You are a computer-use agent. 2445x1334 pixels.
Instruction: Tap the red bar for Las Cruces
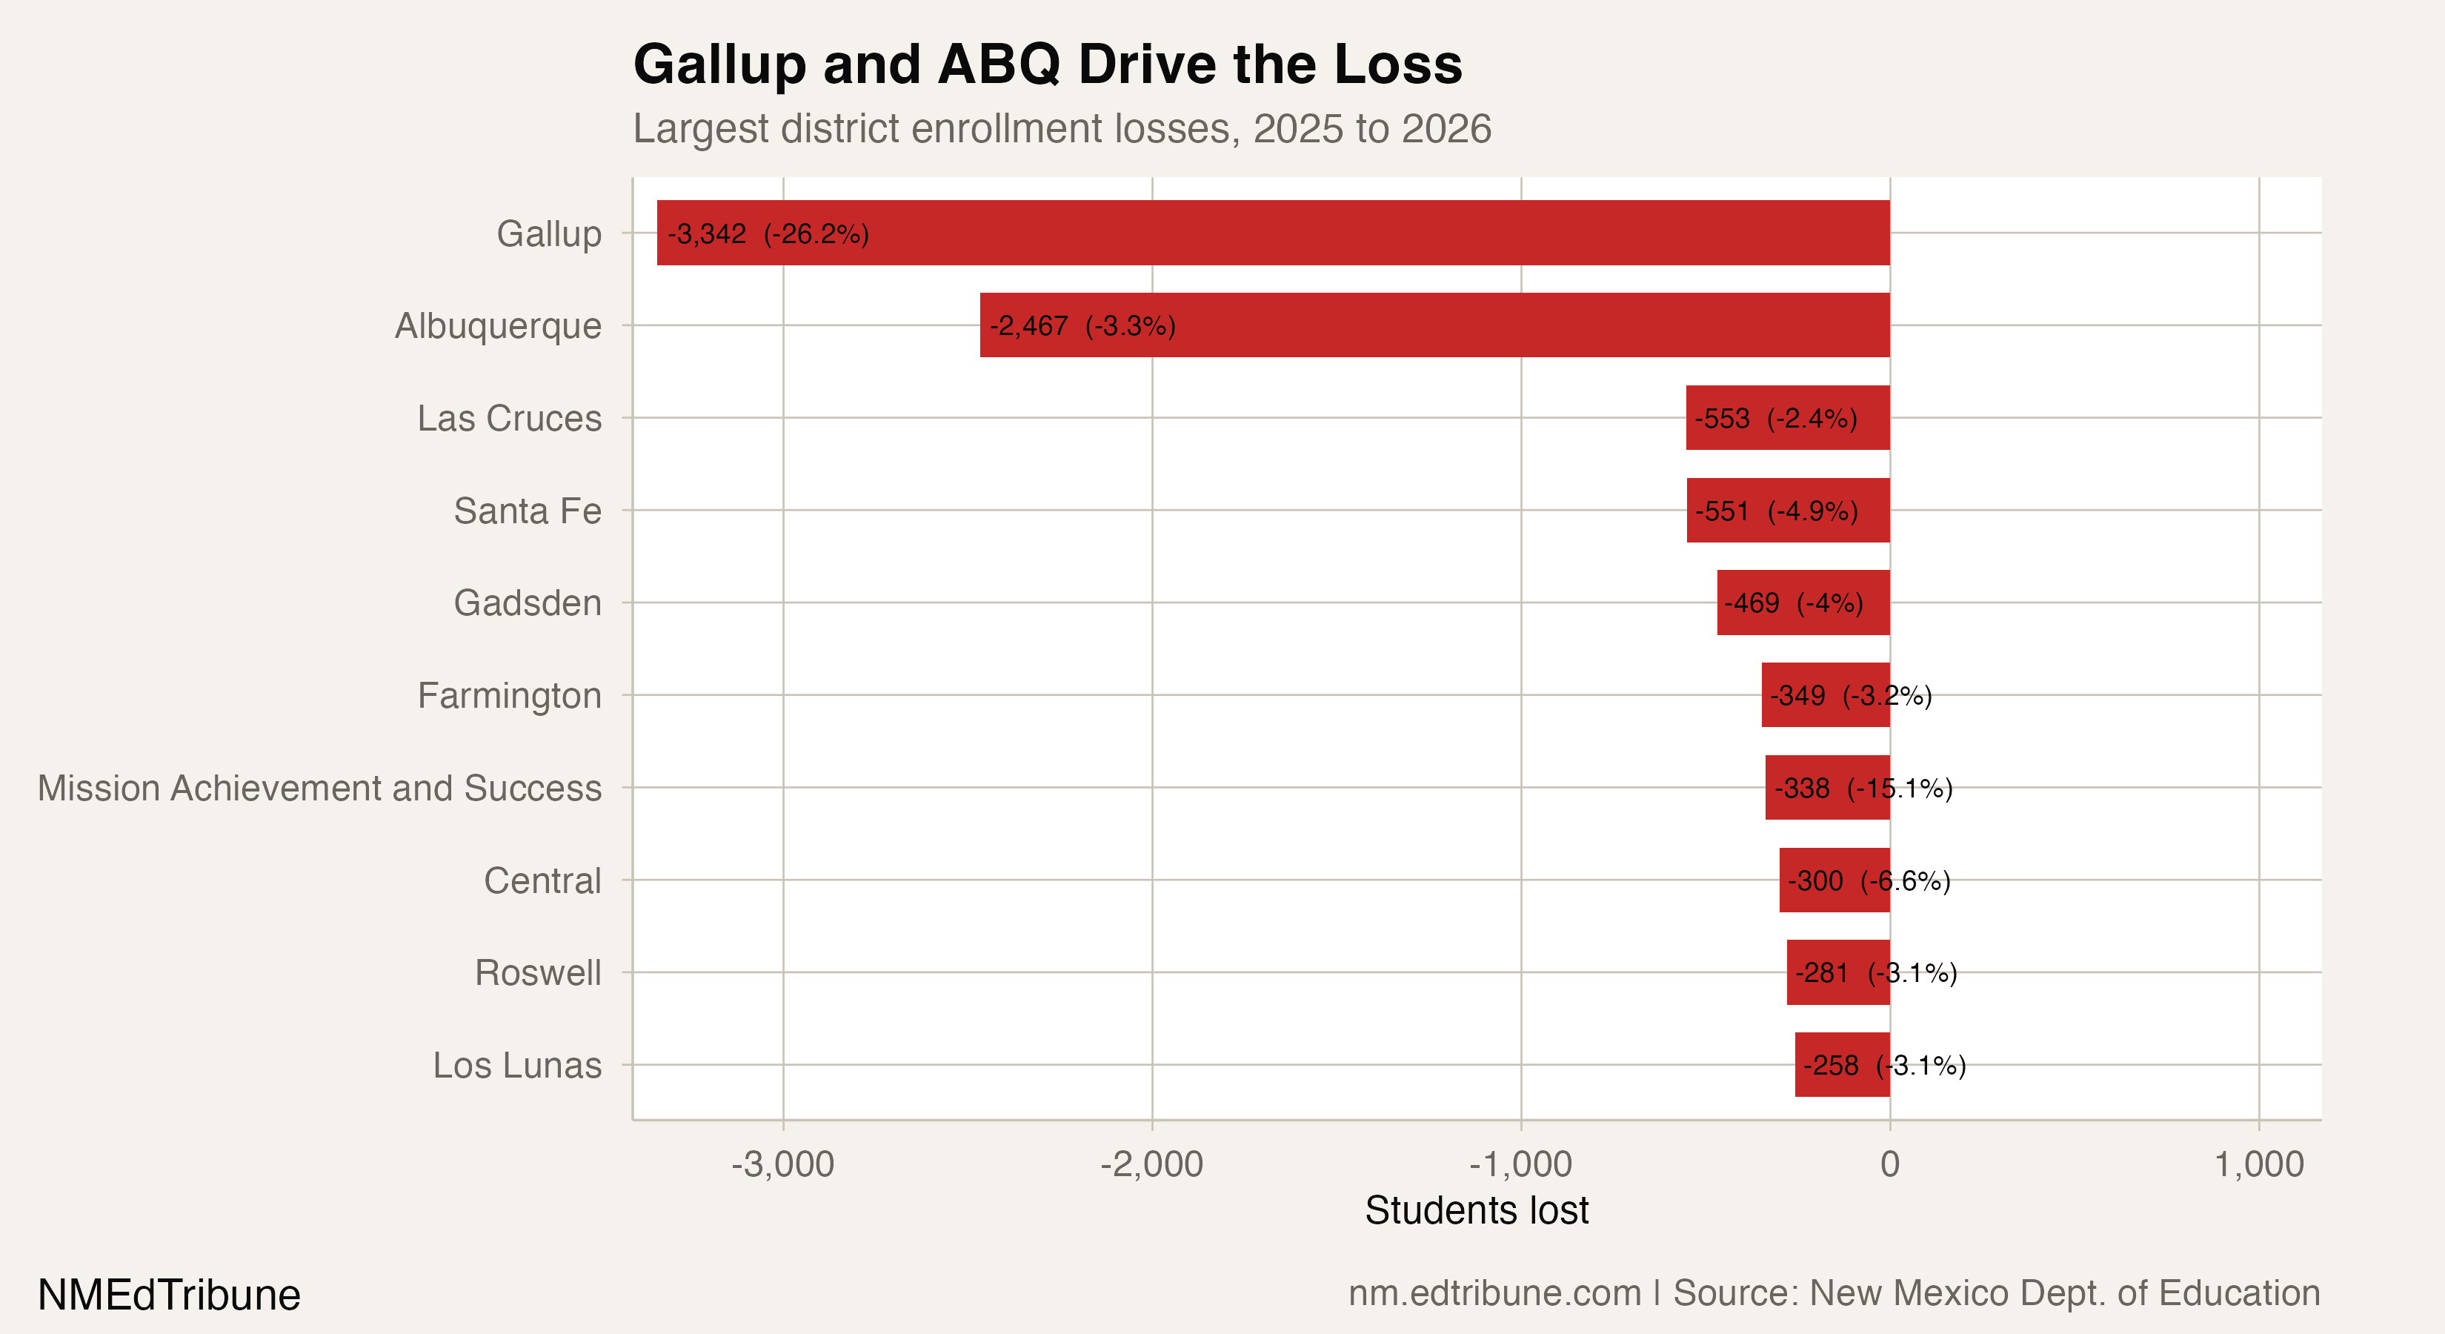(1789, 418)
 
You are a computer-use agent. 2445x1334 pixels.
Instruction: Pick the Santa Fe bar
(1789, 511)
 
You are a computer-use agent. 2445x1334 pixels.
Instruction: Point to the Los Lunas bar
(1843, 1064)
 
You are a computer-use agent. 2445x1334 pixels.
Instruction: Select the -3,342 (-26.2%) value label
(768, 233)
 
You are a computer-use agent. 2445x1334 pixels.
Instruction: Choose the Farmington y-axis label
(509, 696)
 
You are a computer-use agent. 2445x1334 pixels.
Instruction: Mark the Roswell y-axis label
(537, 972)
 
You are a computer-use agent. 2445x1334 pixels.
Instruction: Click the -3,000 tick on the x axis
(782, 1164)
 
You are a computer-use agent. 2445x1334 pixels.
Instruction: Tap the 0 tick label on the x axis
(1890, 1164)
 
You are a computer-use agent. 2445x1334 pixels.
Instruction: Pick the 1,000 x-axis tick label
(2259, 1164)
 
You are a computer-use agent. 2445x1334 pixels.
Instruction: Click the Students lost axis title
(1476, 1210)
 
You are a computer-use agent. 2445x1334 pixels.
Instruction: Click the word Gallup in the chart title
(719, 64)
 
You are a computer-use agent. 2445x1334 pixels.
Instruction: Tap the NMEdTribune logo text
(169, 1295)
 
